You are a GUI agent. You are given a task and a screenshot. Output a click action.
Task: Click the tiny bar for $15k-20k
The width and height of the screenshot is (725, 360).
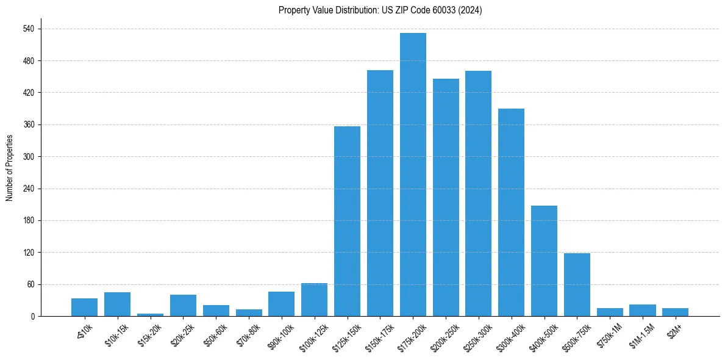[x=150, y=315]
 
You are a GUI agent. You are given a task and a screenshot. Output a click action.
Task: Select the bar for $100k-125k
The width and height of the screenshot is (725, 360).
[x=314, y=300]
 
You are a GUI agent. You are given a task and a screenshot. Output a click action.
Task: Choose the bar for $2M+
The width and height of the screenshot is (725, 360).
[x=675, y=312]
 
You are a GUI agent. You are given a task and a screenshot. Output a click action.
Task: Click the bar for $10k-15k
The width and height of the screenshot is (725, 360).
[x=117, y=304]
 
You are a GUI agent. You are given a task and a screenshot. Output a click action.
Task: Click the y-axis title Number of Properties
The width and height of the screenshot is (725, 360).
[x=9, y=168]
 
